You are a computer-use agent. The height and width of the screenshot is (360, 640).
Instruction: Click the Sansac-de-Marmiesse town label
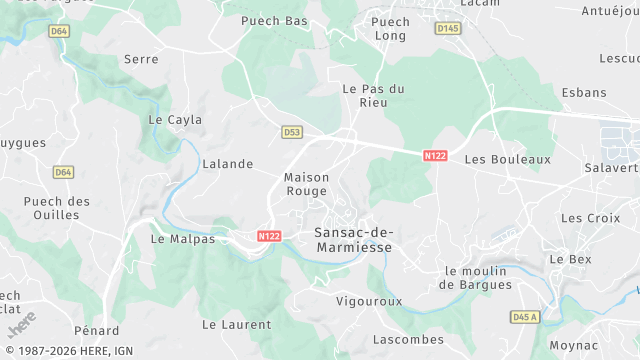pyautogui.click(x=353, y=239)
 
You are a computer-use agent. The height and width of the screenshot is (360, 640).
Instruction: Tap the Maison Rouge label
pyautogui.click(x=307, y=184)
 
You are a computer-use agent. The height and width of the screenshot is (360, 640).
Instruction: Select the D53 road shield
pyautogui.click(x=291, y=131)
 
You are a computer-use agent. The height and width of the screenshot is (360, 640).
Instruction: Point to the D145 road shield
pyautogui.click(x=447, y=29)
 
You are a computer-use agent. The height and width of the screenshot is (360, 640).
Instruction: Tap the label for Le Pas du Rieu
pyautogui.click(x=373, y=96)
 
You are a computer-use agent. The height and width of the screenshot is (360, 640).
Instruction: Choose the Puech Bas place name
pyautogui.click(x=275, y=20)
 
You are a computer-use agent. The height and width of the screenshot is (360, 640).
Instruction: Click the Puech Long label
pyautogui.click(x=390, y=28)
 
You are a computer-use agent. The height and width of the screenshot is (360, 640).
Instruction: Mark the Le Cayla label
pyautogui.click(x=175, y=120)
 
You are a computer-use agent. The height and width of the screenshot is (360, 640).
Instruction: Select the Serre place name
pyautogui.click(x=141, y=59)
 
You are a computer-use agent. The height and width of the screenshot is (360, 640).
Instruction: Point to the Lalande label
pyautogui.click(x=228, y=164)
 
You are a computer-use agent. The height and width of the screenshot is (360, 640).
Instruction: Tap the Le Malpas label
pyautogui.click(x=183, y=239)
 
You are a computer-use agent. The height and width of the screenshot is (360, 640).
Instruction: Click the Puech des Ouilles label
pyautogui.click(x=57, y=208)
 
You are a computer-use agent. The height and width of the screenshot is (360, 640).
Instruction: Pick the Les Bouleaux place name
pyautogui.click(x=508, y=159)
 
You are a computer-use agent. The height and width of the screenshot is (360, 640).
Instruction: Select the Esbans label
pyautogui.click(x=584, y=93)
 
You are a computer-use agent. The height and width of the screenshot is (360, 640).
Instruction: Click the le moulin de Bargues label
pyautogui.click(x=476, y=278)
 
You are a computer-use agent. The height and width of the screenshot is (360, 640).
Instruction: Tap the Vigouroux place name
pyautogui.click(x=369, y=300)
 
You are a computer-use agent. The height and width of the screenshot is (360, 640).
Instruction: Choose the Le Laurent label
pyautogui.click(x=237, y=324)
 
